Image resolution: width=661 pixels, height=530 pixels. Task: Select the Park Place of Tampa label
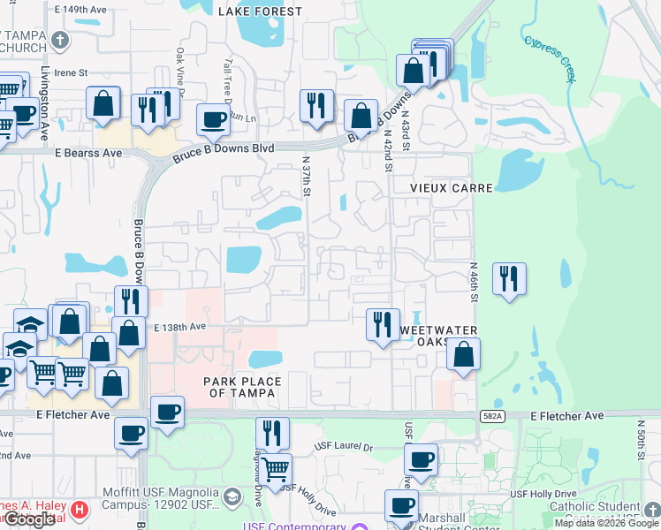(242, 382)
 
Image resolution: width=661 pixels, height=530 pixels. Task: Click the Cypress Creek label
(550, 58)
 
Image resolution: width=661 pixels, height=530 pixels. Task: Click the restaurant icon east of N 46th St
(509, 279)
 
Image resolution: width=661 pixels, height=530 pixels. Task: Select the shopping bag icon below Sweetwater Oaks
(463, 355)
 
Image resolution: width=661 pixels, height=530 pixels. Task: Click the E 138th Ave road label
(179, 327)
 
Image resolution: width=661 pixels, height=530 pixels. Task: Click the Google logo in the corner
(29, 519)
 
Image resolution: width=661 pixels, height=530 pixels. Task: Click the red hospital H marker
(80, 510)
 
